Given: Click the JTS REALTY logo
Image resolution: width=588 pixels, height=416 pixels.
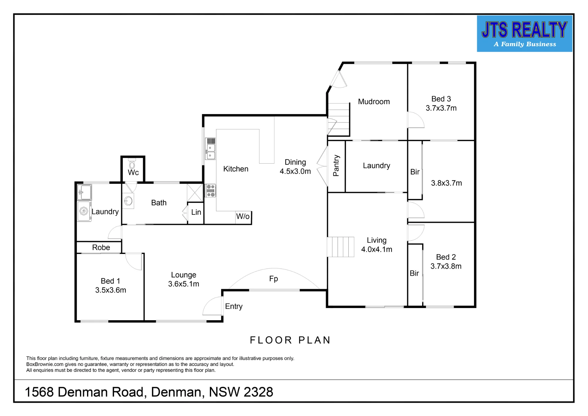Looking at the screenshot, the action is tap(524, 34).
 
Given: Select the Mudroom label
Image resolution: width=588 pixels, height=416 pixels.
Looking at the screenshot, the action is tap(374, 102).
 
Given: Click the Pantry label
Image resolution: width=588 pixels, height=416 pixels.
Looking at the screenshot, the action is tap(336, 166).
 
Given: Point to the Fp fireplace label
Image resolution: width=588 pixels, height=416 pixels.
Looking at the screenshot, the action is tap(273, 279).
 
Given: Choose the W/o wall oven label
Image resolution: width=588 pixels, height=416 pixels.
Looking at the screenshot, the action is tap(243, 217).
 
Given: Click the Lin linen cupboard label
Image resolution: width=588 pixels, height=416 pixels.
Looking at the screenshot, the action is tap(196, 212).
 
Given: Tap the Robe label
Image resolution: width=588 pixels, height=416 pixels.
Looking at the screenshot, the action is tap(101, 247).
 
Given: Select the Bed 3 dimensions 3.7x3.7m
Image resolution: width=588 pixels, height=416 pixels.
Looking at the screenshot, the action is tap(441, 108).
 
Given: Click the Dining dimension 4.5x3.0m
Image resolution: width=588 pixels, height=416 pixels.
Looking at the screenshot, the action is tap(295, 171).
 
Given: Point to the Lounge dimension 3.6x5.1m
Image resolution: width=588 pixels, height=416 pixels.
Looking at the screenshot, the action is tap(184, 284).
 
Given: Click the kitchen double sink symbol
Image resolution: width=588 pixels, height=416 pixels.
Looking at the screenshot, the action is tap(211, 149).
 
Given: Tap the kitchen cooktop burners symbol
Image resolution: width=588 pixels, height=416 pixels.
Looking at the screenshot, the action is tap(211, 191).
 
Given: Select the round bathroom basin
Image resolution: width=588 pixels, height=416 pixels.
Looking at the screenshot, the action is tap(128, 201).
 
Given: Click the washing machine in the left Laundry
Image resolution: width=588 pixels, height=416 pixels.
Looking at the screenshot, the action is tap(84, 211).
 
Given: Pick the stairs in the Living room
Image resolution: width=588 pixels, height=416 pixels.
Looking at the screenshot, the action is tap(341, 247).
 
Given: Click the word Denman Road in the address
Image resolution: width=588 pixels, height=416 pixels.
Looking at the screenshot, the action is tap(101, 392).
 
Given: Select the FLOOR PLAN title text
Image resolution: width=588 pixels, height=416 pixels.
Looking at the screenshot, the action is tap(290, 340).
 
